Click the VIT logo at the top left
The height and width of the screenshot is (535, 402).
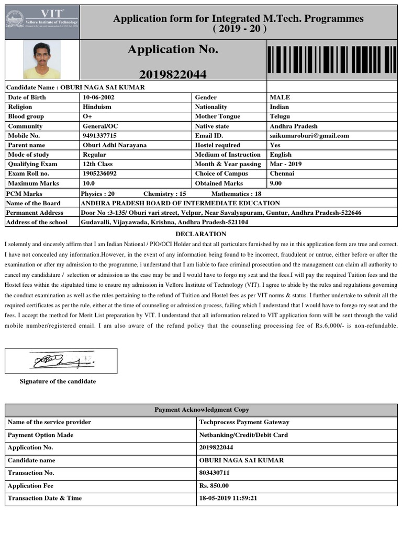(42, 21)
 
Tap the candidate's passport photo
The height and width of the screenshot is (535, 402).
(42, 60)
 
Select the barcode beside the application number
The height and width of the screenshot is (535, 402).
(332, 60)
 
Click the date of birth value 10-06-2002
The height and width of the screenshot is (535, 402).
(98, 97)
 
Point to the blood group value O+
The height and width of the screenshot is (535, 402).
(87, 117)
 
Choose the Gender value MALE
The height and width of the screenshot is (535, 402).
(280, 97)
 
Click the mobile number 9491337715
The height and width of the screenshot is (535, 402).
(99, 136)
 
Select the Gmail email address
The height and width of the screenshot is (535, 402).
(309, 136)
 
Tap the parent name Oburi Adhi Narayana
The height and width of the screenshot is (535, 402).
(115, 145)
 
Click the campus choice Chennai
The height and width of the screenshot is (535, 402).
(282, 173)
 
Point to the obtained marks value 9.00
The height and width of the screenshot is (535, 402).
(275, 183)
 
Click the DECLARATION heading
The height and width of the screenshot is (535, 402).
(201, 234)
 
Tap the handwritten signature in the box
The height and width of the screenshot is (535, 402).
(61, 360)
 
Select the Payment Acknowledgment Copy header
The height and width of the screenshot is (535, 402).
(202, 410)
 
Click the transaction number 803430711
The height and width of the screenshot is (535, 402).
(214, 473)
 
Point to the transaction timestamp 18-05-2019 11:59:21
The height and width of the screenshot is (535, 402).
(228, 498)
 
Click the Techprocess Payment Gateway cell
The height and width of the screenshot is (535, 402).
(244, 422)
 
